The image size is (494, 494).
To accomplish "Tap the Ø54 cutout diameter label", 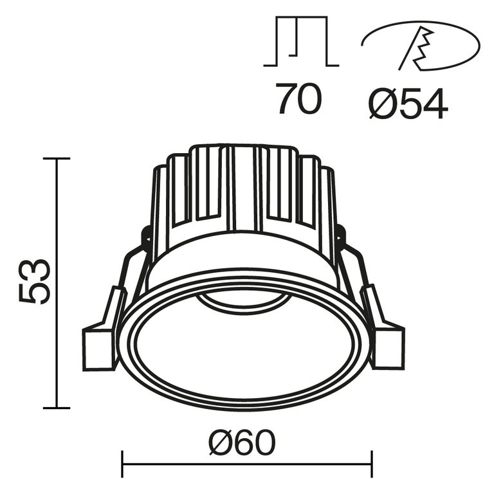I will (x=408, y=102).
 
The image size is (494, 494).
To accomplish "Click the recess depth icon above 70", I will (x=300, y=42).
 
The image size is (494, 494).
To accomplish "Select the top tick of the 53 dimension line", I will (x=57, y=158).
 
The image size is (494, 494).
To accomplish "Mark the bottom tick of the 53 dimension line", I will (x=57, y=408).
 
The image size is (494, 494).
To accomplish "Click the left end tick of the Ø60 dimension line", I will (x=122, y=464).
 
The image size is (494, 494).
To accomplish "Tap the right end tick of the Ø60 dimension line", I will (x=371, y=464).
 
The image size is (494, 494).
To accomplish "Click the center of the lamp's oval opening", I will (x=244, y=347).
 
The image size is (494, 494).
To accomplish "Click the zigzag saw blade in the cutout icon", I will (x=421, y=48).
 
